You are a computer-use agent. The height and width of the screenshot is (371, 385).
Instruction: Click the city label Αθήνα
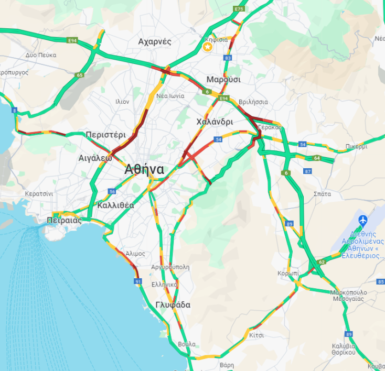pos(144,170)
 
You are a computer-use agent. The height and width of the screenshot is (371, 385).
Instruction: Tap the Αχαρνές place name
pos(155,41)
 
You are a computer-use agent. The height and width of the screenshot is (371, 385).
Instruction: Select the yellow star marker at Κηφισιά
pos(208,47)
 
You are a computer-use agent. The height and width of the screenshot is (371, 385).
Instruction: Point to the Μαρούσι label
pos(223,80)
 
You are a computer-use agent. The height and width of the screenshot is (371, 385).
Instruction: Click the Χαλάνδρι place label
pos(214,122)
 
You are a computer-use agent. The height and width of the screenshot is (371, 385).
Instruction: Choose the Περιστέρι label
pos(106,135)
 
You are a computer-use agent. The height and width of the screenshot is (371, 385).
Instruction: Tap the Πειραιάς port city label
pos(65,220)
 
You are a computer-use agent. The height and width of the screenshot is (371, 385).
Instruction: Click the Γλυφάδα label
pos(173,305)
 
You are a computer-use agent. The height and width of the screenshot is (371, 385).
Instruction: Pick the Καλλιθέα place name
pos(115,205)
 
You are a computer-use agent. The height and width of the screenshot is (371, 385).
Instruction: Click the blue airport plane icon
pos(362,220)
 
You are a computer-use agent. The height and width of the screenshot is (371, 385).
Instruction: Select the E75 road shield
pos(240,9)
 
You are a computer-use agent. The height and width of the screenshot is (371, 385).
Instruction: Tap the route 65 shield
pos(79,75)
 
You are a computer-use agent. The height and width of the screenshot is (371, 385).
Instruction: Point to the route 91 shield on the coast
pos(138,281)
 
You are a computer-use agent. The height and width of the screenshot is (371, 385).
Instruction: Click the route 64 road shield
pos(317,158)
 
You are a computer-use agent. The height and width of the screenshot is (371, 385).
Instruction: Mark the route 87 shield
pos(307,171)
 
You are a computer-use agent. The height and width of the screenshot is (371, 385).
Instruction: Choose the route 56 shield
pos(112,191)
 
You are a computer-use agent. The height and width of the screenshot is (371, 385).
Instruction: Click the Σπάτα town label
pos(322,194)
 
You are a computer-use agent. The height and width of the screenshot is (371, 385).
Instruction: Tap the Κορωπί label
pos(288,274)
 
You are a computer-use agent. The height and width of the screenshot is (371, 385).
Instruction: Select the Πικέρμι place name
pos(357,147)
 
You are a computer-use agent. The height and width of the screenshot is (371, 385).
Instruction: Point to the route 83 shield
pos(227,58)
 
